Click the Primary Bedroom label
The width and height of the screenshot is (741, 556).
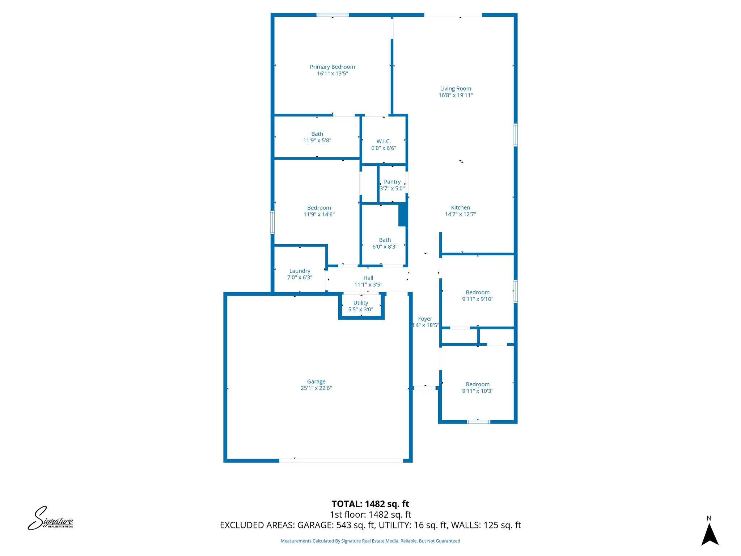pos(332,67)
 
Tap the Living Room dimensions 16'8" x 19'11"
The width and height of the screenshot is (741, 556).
pos(456,95)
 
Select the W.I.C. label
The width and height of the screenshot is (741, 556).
pos(384,142)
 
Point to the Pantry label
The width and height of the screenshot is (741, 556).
pos(392,182)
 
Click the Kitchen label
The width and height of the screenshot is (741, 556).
pos(460,207)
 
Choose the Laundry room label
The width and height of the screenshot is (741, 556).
pos(300,271)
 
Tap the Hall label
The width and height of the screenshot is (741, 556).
pos(368,278)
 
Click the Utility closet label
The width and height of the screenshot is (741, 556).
pos(361,303)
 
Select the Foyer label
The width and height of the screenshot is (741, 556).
pos(425,319)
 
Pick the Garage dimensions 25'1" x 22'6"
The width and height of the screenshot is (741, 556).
pos(316,388)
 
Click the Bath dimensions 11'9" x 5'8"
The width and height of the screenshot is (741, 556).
pos(317,140)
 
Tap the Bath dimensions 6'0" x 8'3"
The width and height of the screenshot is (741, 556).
pos(385,247)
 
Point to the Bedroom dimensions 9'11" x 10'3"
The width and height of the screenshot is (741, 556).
pos(478,391)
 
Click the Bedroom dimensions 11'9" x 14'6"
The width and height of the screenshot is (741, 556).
pos(319,214)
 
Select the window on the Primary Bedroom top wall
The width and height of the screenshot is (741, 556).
pos(333,15)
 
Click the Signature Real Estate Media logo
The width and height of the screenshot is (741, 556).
pos(51,519)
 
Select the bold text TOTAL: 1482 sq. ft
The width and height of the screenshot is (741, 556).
pos(370,504)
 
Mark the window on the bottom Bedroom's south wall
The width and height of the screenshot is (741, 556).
pos(478,422)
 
